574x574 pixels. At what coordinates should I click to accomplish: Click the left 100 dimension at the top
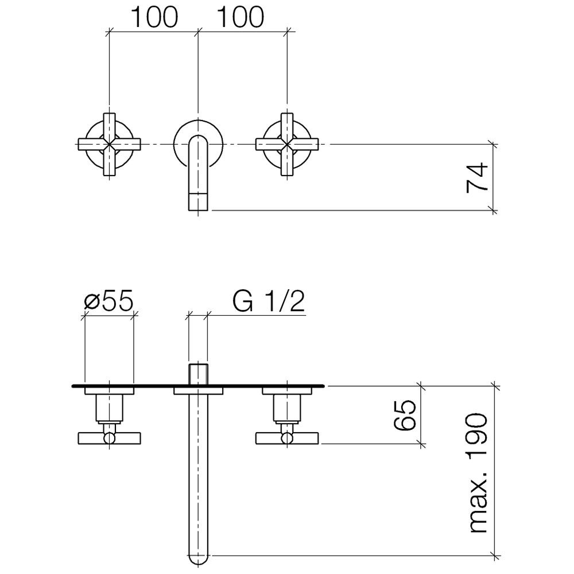point(153,18)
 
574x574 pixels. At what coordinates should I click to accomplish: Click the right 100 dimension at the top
point(239,18)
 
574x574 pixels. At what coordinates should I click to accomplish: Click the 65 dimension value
point(405,415)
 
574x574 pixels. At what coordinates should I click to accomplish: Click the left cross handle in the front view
point(109,143)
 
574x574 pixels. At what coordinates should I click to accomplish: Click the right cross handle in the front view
point(287,143)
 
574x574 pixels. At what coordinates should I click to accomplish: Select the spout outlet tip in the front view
point(198,202)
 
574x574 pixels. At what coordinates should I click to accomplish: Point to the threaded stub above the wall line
point(198,373)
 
